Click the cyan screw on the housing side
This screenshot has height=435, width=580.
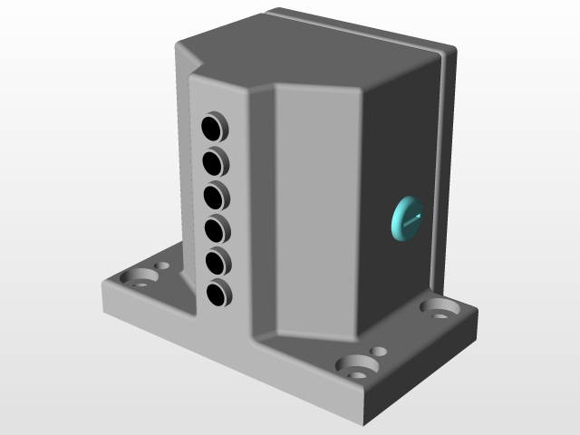click(x=405, y=218)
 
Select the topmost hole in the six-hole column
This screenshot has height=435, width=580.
click(x=213, y=125)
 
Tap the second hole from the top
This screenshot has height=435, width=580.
click(x=214, y=161)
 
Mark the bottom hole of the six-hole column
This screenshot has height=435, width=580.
click(x=217, y=294)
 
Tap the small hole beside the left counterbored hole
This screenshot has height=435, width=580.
click(x=163, y=266)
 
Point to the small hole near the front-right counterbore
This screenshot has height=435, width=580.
click(x=379, y=351)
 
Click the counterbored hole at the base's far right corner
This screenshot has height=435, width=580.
click(x=440, y=308)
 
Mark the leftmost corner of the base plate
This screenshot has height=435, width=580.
click(x=101, y=288)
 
